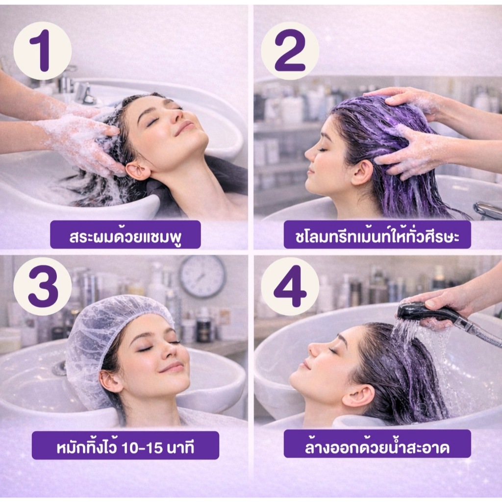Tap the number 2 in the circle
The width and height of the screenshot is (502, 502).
coord(290,50)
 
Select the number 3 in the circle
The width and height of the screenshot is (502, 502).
coord(43,286)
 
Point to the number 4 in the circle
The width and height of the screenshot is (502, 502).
coord(290,286)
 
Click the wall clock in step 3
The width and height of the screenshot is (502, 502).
coord(202,276)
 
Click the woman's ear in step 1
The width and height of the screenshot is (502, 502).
coord(137,172)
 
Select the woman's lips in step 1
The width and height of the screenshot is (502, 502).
coord(184,126)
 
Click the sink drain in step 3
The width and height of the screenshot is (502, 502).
coord(59,368)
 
